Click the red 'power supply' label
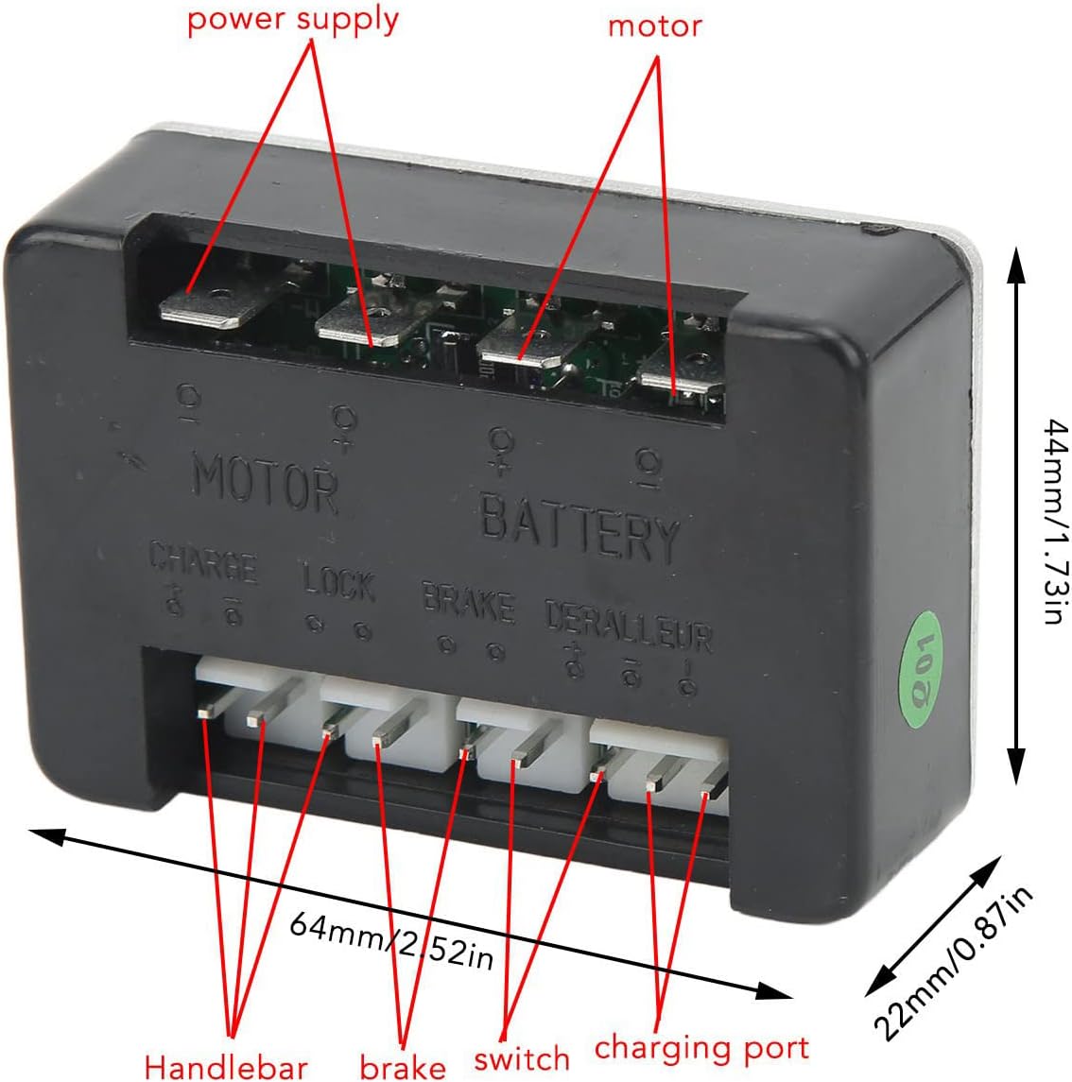(x=293, y=21)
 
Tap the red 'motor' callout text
(x=654, y=26)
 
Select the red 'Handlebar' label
(x=226, y=1066)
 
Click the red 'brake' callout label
(x=403, y=1066)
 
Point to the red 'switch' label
(x=522, y=1058)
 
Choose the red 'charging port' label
(x=701, y=1047)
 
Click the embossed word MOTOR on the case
(x=265, y=485)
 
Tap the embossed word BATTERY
(x=579, y=530)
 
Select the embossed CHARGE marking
(x=203, y=565)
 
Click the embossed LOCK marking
(x=339, y=581)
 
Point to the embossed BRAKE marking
(x=468, y=604)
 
